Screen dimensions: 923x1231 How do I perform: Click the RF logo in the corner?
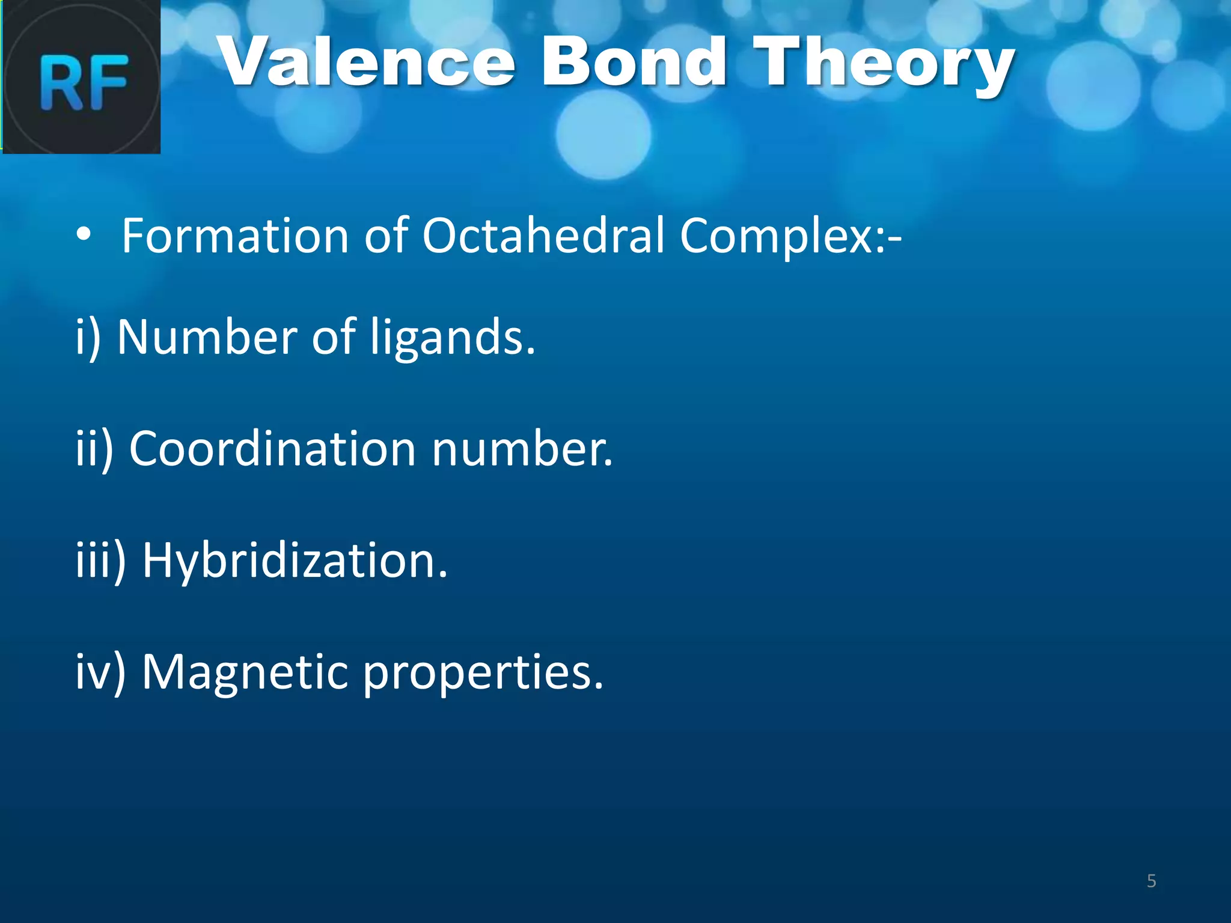point(81,77)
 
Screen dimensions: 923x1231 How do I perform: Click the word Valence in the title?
point(367,62)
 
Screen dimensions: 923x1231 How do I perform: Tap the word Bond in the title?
point(634,62)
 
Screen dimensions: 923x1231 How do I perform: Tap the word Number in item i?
point(207,337)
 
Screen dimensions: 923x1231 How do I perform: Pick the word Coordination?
point(272,449)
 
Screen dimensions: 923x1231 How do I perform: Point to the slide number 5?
point(1151,881)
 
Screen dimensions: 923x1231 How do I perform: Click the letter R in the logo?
point(61,82)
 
